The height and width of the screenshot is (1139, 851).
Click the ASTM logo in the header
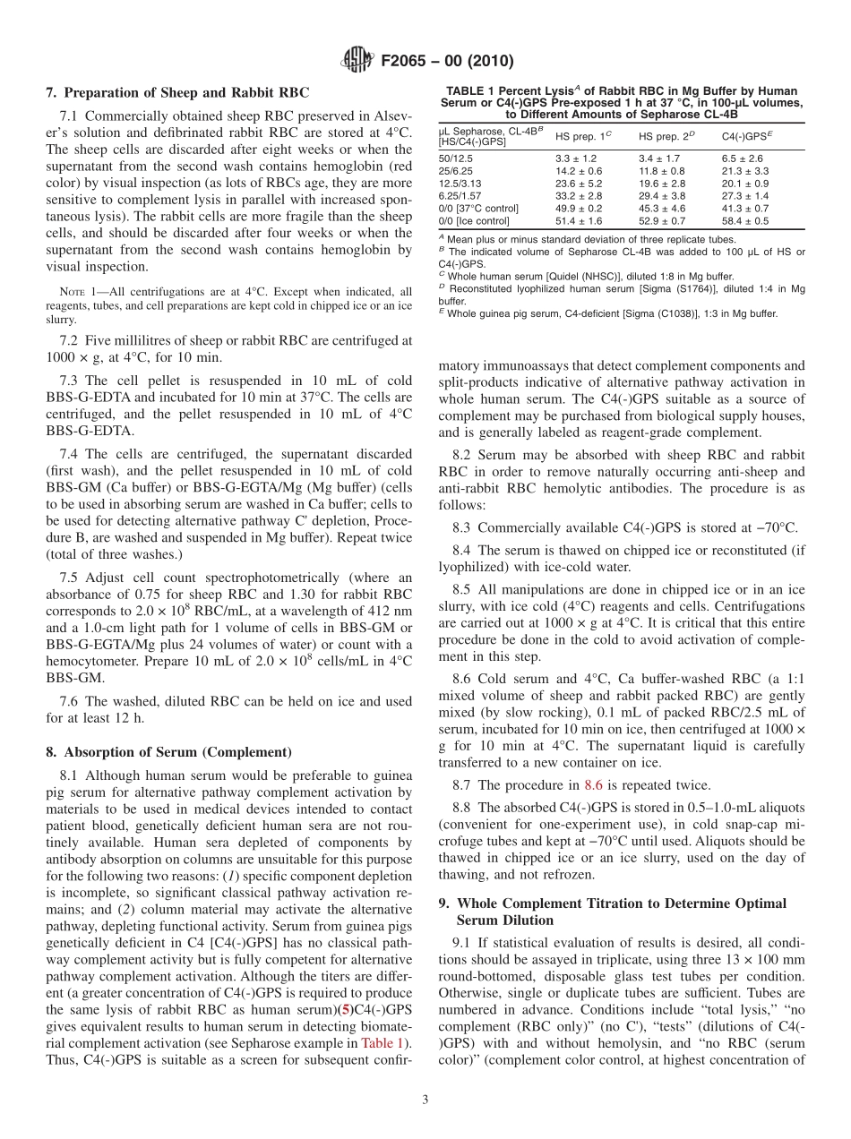[356, 62]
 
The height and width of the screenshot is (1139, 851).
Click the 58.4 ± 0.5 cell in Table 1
[744, 220]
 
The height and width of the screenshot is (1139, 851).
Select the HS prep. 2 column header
[663, 136]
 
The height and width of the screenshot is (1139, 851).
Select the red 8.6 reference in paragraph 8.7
[593, 784]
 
